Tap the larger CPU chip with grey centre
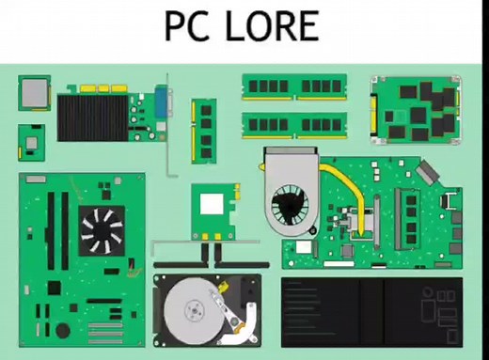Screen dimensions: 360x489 point(36,92)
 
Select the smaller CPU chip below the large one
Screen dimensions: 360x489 point(34,142)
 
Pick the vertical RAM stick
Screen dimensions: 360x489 point(203,131)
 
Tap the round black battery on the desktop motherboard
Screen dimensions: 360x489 point(64,330)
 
